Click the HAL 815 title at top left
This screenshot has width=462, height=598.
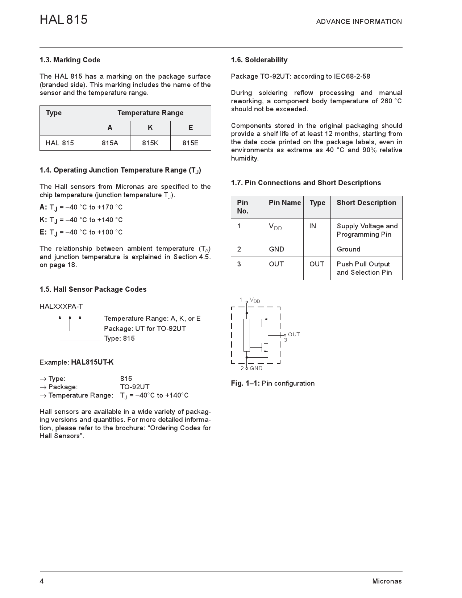coord(63,20)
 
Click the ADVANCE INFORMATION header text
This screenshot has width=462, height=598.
coord(359,22)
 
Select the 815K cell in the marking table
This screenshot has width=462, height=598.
coord(150,143)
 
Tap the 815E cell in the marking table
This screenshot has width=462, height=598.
coord(190,143)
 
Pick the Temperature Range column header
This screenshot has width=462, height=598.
coord(150,113)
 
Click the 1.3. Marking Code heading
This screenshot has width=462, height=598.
coord(70,60)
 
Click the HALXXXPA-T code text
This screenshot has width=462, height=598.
coord(61,306)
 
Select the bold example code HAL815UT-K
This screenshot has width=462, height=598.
coord(92,362)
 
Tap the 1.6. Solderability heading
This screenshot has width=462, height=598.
coord(259,60)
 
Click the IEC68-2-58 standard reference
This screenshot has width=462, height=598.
coord(352,76)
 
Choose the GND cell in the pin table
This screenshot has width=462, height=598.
coord(276,249)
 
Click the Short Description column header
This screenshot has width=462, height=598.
coord(366,203)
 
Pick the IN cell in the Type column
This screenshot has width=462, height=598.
coord(312,226)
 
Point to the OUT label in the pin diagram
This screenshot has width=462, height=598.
coord(294,335)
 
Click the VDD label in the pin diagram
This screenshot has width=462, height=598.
coord(255,301)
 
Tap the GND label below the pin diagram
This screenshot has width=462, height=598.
coord(256,368)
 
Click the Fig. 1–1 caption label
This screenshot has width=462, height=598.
coord(245,383)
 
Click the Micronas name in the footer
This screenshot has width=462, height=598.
coord(387,581)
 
